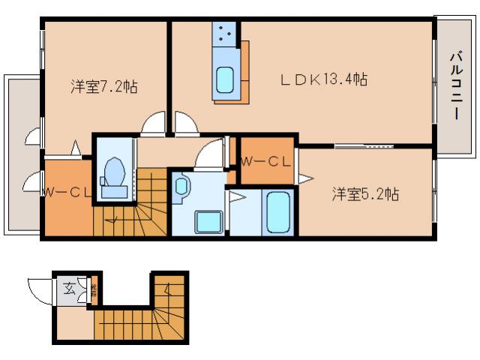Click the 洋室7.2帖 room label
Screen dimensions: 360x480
click(x=104, y=85)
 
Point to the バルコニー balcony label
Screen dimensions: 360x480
click(x=455, y=85)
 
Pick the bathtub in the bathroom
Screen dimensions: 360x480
click(x=277, y=212)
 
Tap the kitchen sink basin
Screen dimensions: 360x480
click(x=225, y=79)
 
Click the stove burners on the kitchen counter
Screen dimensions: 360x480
click(x=226, y=33)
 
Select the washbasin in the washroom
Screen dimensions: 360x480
click(x=182, y=187)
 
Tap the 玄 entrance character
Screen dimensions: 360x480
click(x=69, y=287)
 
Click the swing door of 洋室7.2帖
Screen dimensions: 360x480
click(x=154, y=123)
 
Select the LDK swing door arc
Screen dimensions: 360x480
click(x=184, y=123)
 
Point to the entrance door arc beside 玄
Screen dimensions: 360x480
click(x=38, y=289)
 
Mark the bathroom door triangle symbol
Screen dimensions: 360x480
click(x=237, y=198)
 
